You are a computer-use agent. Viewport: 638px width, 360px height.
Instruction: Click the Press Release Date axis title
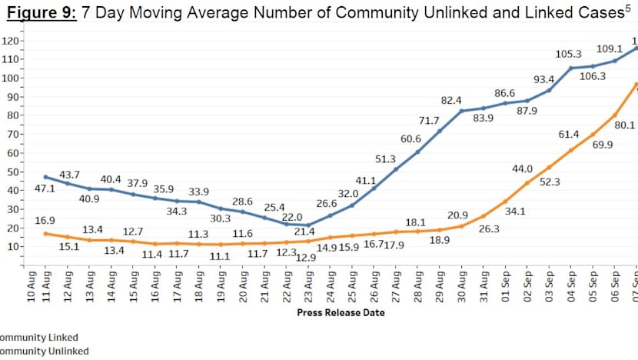click(x=340, y=313)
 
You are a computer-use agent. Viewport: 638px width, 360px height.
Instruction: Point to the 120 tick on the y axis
click(x=12, y=41)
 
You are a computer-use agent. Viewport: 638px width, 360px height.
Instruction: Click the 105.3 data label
click(x=565, y=55)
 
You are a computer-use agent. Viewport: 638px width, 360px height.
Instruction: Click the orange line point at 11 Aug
click(x=45, y=233)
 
